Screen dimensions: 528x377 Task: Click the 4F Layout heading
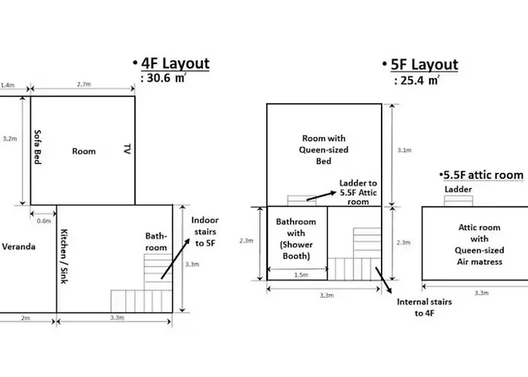(x=175, y=63)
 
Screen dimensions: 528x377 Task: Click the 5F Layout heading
(x=424, y=65)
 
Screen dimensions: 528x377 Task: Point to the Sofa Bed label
(x=38, y=147)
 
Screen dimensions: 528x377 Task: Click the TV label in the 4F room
(x=127, y=149)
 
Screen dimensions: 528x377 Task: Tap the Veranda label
(x=19, y=247)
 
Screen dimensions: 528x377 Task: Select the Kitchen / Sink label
(x=64, y=256)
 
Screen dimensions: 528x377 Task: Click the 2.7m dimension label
(x=84, y=84)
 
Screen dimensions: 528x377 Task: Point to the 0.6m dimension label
(x=44, y=221)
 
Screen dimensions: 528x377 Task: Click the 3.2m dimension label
(x=10, y=138)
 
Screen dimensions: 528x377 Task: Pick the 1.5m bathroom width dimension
(x=301, y=274)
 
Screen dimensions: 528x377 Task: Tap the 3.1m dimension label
(x=404, y=150)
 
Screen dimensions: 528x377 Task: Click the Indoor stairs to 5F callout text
(x=204, y=231)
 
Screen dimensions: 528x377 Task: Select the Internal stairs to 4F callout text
(x=424, y=308)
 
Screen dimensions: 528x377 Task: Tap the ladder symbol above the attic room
(x=459, y=201)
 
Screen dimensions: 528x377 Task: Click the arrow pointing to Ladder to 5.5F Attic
(x=321, y=196)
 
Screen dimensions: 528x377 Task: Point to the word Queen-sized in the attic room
(x=479, y=250)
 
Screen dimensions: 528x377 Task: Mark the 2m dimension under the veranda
(x=26, y=317)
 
